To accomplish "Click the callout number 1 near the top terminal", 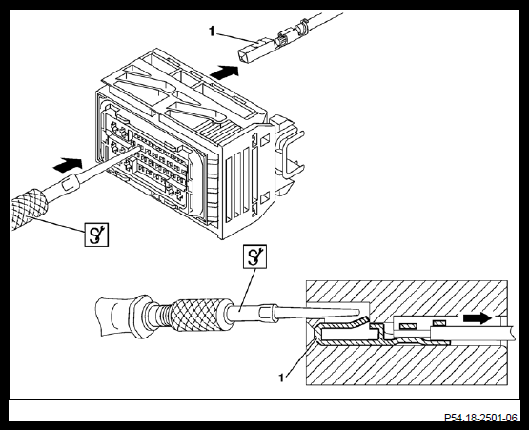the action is (212, 31).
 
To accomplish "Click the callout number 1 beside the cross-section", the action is (281, 378).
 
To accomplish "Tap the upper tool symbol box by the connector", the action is (96, 235).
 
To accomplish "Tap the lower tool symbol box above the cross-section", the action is (255, 256).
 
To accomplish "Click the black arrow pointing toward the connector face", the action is (68, 164).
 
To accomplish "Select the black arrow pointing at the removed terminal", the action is (224, 72).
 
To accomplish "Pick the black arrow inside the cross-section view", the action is (478, 317).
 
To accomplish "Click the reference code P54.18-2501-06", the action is (480, 418).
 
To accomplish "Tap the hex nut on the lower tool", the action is (139, 317).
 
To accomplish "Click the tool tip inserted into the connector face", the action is (136, 147).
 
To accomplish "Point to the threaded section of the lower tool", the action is (160, 316).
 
